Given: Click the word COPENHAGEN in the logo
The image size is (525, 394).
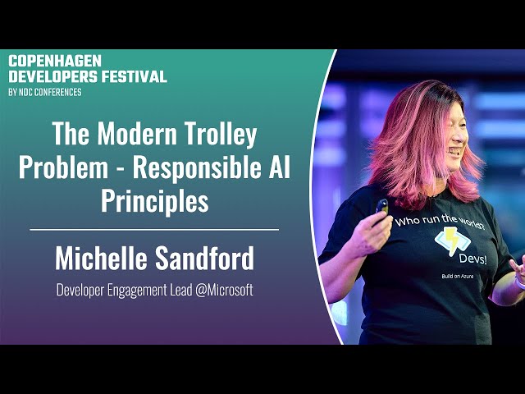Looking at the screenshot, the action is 55,61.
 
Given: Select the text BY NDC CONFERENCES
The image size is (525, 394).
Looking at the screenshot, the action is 45,92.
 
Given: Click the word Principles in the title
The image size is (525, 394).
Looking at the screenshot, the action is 155,201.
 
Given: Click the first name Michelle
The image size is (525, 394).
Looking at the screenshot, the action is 101,258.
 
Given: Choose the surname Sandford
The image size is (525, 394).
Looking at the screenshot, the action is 204,258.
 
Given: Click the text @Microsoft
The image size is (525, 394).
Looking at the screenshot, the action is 224,290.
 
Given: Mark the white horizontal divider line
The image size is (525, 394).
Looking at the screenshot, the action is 154,230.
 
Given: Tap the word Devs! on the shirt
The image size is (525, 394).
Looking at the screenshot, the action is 472,259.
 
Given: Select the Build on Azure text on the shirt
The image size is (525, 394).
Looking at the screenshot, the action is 458,276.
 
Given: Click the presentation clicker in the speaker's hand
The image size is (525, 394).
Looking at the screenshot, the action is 382,208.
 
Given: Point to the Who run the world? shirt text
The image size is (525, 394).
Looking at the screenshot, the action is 440,222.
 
